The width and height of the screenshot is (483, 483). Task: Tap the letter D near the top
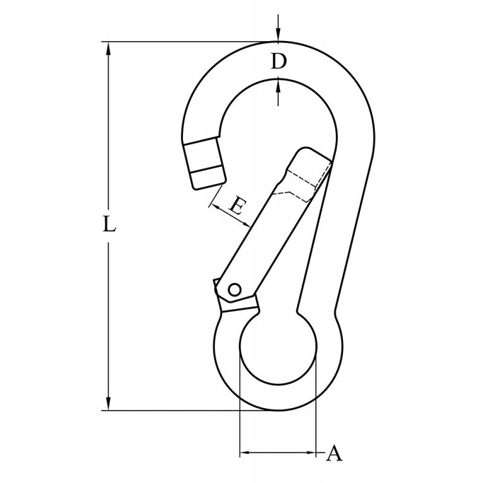coord(277,62)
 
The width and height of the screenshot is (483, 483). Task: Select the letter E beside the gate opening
coord(237,208)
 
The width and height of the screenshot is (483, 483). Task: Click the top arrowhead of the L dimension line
coord(109,48)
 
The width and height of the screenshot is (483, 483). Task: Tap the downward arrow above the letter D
coord(277,36)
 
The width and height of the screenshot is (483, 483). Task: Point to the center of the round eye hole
coord(278,353)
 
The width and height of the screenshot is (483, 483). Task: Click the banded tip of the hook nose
coord(202,163)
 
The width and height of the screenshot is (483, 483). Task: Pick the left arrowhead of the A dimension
coord(245,452)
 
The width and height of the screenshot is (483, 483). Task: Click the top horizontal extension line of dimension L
coord(181,42)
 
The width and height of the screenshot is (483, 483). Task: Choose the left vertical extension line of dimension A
coord(240,411)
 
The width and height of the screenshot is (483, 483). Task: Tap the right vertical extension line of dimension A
coord(316,411)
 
